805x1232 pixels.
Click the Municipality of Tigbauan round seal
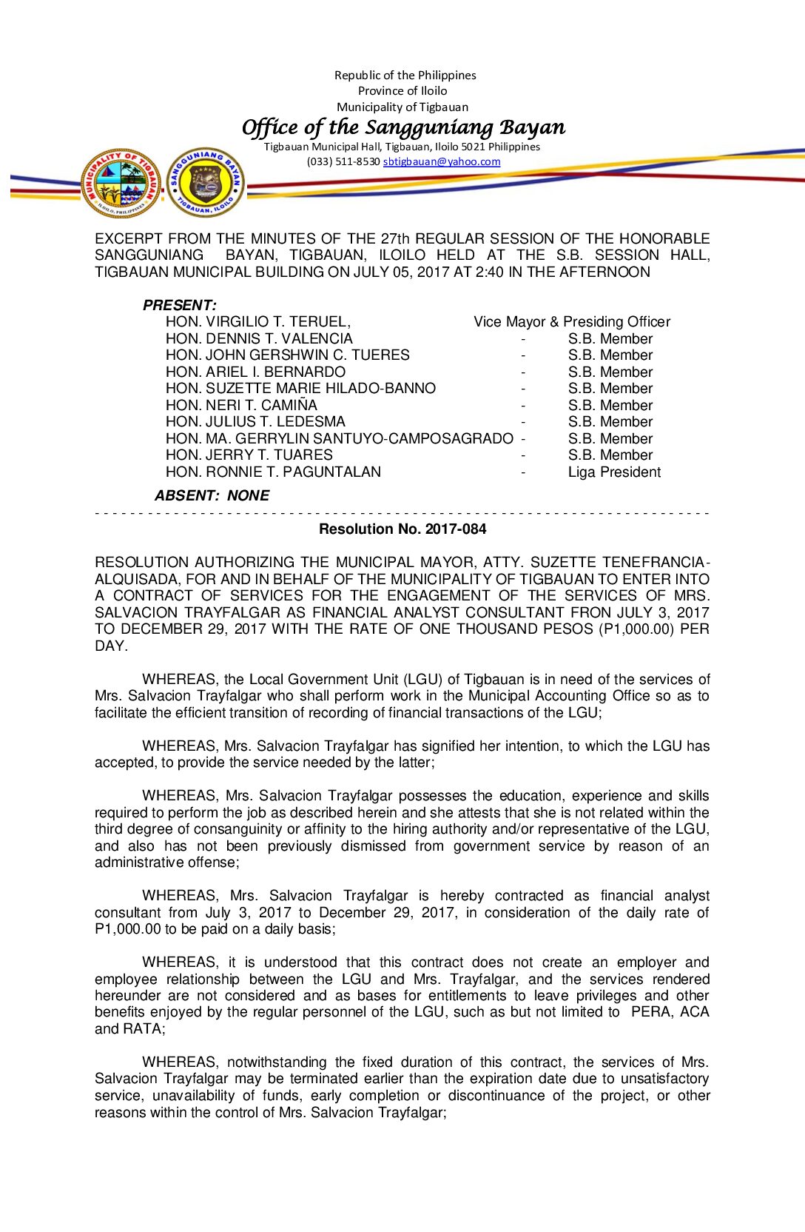tap(121, 183)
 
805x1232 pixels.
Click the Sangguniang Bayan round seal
tap(205, 182)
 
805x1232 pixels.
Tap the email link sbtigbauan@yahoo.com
tap(441, 161)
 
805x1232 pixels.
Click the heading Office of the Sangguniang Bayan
tap(403, 127)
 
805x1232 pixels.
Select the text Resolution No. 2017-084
tap(402, 529)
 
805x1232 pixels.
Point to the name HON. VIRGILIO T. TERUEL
tap(257, 321)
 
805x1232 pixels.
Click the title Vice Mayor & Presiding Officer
tap(572, 321)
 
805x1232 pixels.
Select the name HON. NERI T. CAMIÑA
tap(241, 405)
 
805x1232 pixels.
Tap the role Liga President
tap(614, 472)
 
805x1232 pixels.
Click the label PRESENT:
tap(179, 305)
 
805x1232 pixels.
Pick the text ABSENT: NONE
tap(212, 495)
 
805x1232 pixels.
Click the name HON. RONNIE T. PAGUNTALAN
tap(273, 472)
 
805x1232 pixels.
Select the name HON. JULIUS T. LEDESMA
tap(255, 421)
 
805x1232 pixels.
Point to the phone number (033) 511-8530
tap(343, 161)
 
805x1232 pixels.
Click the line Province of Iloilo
tap(402, 90)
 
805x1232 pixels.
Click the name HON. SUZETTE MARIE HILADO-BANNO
tap(300, 388)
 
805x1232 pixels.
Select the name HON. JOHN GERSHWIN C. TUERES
tap(287, 355)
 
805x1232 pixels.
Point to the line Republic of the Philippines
tap(405, 75)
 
